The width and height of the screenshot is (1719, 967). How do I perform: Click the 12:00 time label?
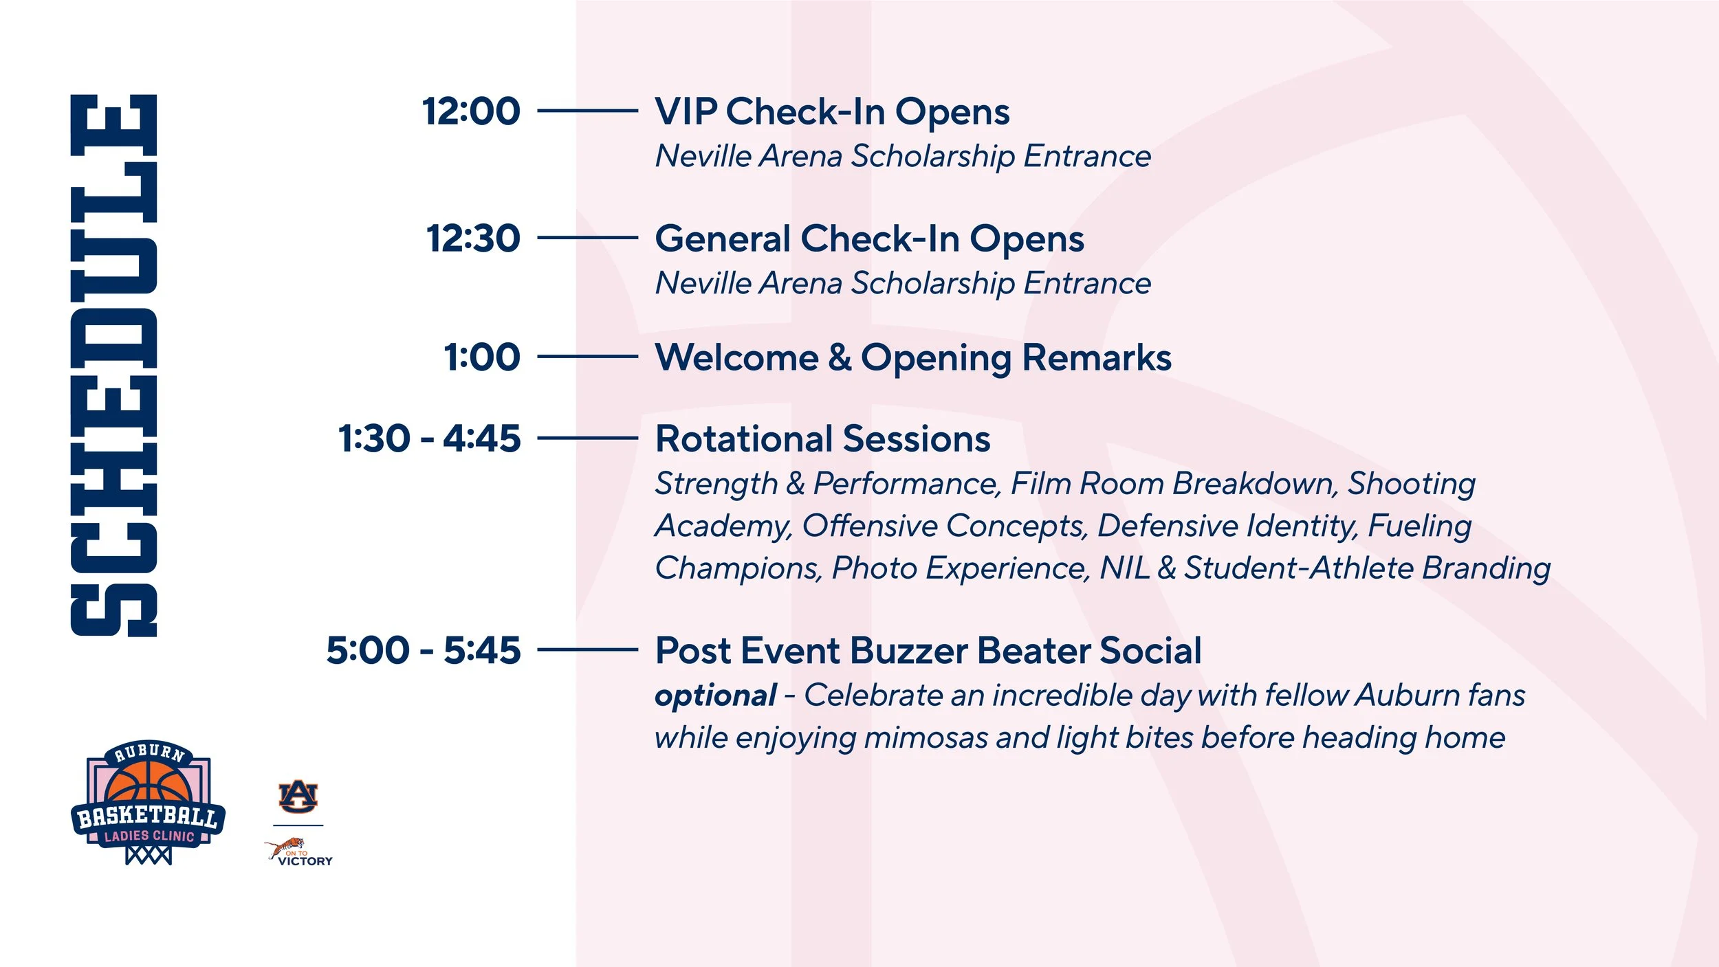pyautogui.click(x=472, y=111)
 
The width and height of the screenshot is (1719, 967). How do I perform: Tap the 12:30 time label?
pyautogui.click(x=474, y=238)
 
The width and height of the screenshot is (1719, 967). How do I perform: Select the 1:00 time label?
pyautogui.click(x=483, y=357)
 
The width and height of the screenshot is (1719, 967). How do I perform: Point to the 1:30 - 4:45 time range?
pyautogui.click(x=430, y=438)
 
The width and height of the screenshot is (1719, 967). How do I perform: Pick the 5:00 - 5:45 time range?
pyautogui.click(x=424, y=650)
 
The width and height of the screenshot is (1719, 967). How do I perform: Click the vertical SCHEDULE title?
pyautogui.click(x=113, y=366)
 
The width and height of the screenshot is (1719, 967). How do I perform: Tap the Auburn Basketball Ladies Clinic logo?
pyautogui.click(x=149, y=803)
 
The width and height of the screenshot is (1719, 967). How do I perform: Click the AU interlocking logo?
pyautogui.click(x=298, y=797)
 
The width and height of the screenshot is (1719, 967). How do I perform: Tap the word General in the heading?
pyautogui.click(x=723, y=239)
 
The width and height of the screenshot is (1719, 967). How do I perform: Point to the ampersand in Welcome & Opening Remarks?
pyautogui.click(x=840, y=358)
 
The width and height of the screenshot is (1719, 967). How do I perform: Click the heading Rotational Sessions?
pyautogui.click(x=823, y=439)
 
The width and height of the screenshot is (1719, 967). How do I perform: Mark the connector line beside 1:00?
pyautogui.click(x=587, y=357)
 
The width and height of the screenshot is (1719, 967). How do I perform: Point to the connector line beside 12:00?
pyautogui.click(x=587, y=110)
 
